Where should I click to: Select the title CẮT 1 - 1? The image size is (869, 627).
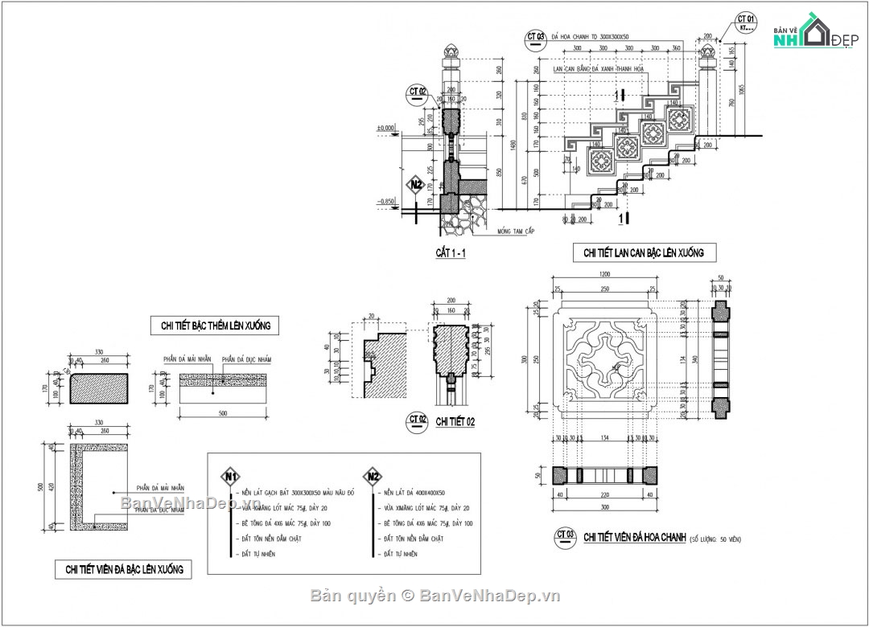451,253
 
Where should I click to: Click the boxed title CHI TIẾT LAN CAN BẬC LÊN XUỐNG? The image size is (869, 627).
643,252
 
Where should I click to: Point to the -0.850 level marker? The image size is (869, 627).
387,202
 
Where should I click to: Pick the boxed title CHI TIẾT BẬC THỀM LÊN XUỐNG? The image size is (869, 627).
215,326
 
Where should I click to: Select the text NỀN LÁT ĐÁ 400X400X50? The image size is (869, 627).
414,492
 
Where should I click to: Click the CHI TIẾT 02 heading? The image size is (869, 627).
455,421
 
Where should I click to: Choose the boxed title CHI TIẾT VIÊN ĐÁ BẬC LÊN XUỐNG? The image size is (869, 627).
124,569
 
